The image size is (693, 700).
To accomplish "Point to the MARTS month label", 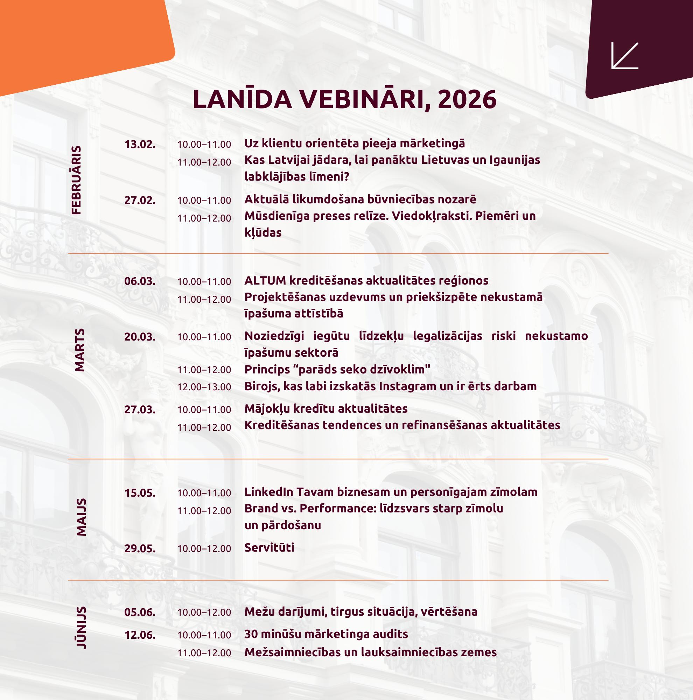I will pyautogui.click(x=79, y=350).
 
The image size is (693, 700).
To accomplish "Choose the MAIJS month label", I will pyautogui.click(x=81, y=517).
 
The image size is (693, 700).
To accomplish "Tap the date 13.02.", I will pyautogui.click(x=140, y=145).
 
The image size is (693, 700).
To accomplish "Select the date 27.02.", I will pyautogui.click(x=140, y=200).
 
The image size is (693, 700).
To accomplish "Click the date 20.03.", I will pyautogui.click(x=140, y=337).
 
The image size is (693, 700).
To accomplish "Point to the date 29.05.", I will pyautogui.click(x=140, y=548).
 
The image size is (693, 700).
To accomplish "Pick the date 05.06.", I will pyautogui.click(x=140, y=612).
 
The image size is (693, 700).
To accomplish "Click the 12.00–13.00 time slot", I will pyautogui.click(x=204, y=387).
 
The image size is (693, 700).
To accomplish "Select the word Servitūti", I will pyautogui.click(x=269, y=547).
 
